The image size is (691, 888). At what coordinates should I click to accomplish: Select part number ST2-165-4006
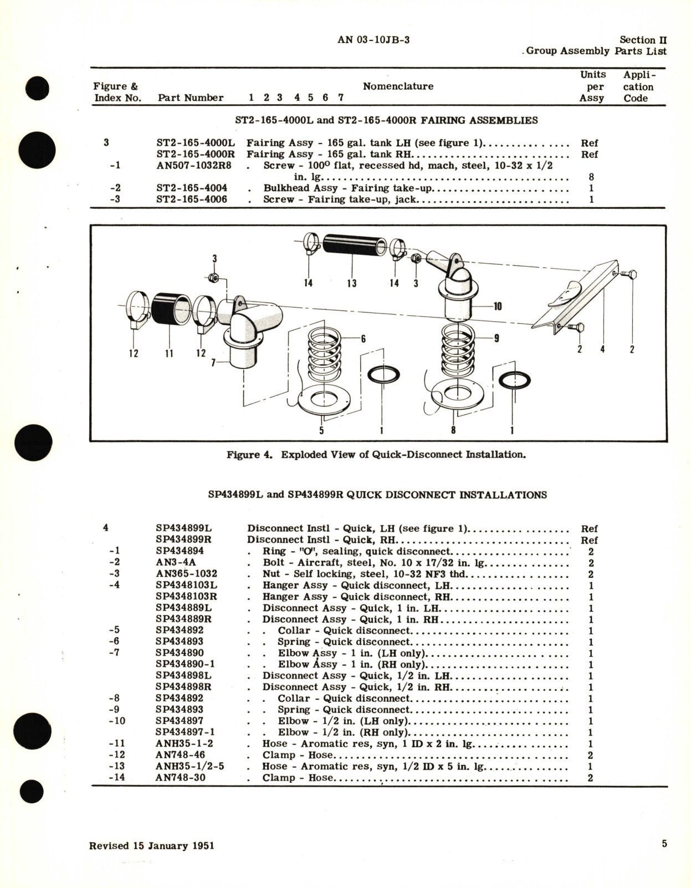191,199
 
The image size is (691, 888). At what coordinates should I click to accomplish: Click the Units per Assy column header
592,86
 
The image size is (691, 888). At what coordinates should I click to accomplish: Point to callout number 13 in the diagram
351,283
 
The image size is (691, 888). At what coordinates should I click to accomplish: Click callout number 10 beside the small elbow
498,306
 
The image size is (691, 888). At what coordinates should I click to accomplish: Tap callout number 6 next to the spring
364,339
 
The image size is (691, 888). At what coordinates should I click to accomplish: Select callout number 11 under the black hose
169,353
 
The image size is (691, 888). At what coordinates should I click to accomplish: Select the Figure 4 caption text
376,455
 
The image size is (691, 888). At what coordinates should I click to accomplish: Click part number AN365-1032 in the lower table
186,574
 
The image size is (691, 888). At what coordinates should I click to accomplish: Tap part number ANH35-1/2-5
190,766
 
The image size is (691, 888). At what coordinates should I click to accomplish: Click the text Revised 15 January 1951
151,846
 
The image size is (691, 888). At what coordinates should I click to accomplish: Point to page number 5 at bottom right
664,844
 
